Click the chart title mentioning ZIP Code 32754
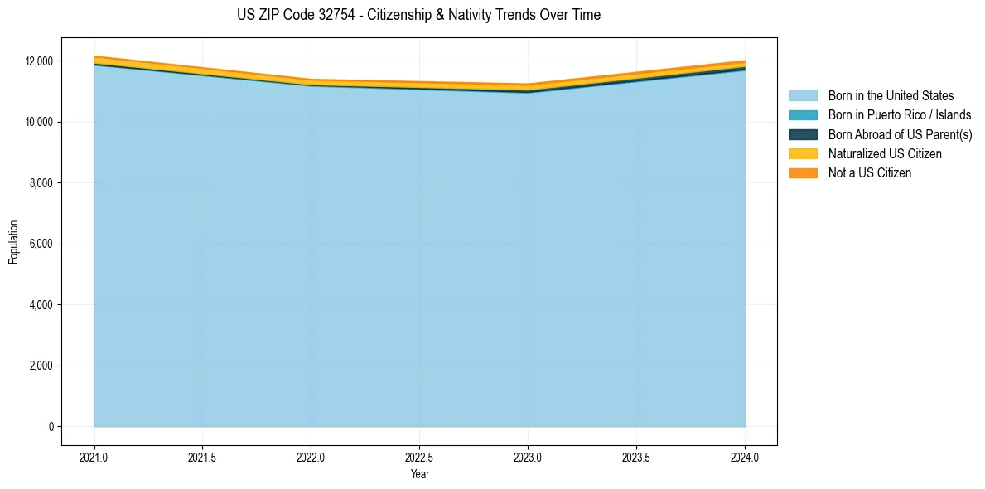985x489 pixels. coord(418,15)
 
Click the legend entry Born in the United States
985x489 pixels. coord(891,96)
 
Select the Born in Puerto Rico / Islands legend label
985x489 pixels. coord(900,115)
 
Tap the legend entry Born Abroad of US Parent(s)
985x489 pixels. coord(900,134)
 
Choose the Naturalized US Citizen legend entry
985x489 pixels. coord(885,154)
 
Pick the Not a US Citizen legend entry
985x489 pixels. coord(869,173)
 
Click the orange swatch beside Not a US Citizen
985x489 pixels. coord(803,173)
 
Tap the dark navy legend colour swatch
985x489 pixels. coord(803,134)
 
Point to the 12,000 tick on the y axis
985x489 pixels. coord(38,61)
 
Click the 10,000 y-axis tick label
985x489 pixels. coord(38,122)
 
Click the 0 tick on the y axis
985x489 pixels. coord(51,427)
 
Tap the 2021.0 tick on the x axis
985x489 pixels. coord(94,457)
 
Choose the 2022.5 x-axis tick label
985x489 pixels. coord(419,457)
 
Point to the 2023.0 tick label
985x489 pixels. coord(528,457)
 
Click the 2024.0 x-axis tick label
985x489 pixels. coord(745,457)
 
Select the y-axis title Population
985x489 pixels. coord(13,242)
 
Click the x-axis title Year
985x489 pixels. coord(419,474)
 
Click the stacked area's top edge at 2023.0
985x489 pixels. coord(528,85)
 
